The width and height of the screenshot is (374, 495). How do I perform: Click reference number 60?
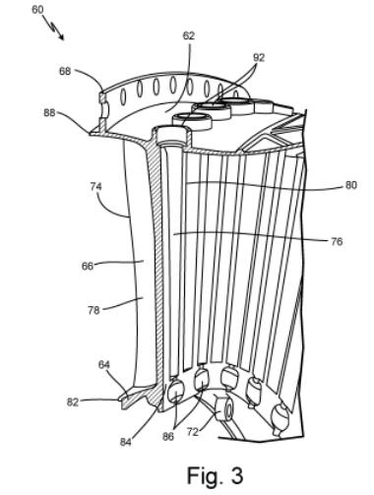point(37,10)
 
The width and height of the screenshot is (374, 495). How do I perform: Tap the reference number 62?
point(189,35)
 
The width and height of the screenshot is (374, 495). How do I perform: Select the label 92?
point(259,58)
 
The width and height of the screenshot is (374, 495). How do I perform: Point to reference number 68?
point(65,71)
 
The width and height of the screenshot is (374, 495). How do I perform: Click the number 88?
point(49,112)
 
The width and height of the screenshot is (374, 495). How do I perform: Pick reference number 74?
point(96,187)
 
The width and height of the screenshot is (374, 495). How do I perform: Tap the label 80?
point(350,185)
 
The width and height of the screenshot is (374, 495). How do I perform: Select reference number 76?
point(337,241)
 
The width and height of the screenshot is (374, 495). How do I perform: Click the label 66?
point(88,266)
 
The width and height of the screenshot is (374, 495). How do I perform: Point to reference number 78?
point(93,310)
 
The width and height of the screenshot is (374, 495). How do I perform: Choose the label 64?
point(104,365)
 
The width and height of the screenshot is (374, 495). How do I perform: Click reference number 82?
point(73,402)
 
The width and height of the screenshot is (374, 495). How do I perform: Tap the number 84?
point(126,442)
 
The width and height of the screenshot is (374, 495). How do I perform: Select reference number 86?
point(168,437)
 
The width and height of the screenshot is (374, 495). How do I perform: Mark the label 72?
point(193,432)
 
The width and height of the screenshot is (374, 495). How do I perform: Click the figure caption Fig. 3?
point(215,474)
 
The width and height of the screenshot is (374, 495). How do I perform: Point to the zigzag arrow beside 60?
point(53,28)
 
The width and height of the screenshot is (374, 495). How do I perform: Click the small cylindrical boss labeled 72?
point(224,407)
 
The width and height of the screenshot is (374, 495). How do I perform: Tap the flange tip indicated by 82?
point(120,400)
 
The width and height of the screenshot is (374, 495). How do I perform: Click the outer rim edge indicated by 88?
point(91,133)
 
